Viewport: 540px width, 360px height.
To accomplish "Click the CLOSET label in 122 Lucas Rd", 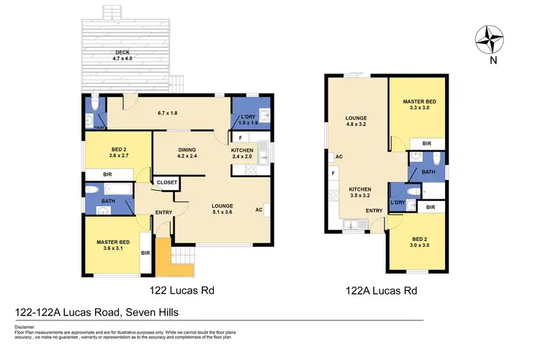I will (167, 183).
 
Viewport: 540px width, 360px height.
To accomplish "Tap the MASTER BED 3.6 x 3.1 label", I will (112, 246).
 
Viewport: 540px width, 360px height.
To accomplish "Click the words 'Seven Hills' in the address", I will (154, 312).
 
